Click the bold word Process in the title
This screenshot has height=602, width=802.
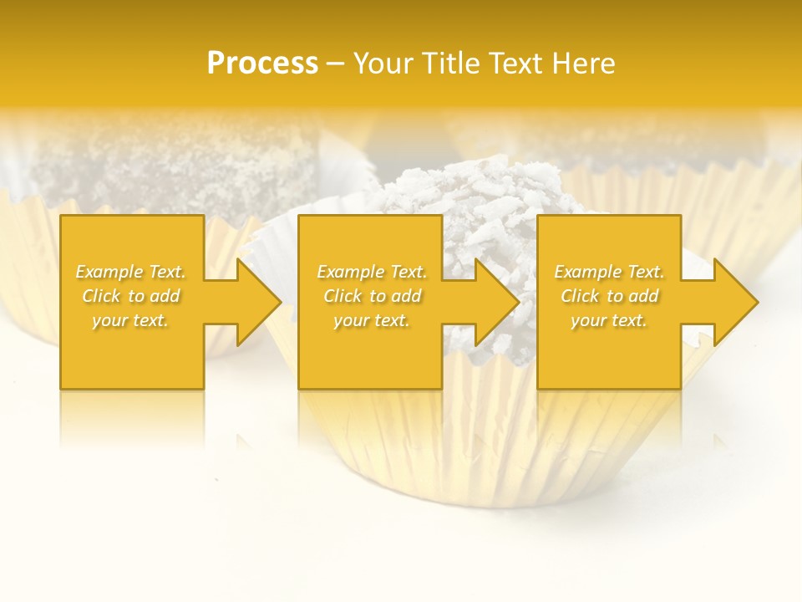[262, 63]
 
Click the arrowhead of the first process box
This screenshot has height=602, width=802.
[256, 302]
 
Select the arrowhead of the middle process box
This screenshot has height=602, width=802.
[494, 302]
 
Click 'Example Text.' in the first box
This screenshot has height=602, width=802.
[131, 272]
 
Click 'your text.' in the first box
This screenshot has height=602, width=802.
[131, 320]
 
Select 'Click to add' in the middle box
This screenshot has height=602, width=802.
[372, 296]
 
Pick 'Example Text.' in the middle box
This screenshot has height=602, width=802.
[372, 272]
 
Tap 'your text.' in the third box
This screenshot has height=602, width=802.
[609, 320]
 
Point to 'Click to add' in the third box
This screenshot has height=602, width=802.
[609, 296]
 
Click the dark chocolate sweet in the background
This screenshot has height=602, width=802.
[175, 167]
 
